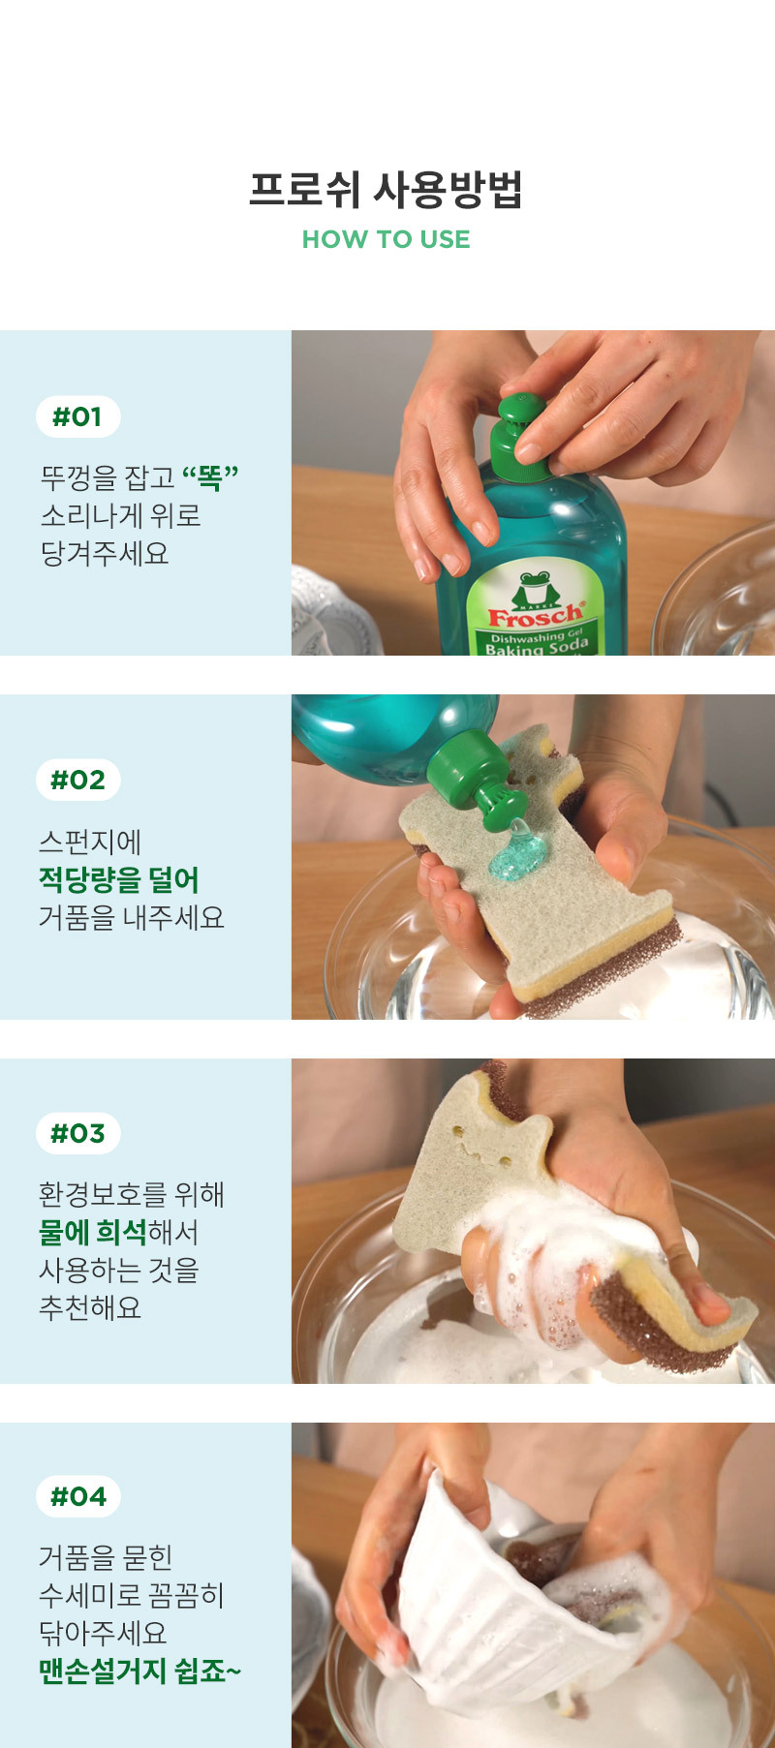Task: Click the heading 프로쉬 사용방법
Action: point(387,190)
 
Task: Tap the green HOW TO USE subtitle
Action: point(387,239)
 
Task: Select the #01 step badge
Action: point(77,416)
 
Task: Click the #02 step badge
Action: point(77,780)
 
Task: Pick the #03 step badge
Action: point(77,1133)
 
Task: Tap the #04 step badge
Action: point(77,1496)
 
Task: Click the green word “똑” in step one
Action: point(210,476)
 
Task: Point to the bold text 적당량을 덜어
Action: point(119,879)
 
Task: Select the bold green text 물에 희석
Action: point(93,1232)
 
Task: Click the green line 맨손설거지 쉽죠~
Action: point(139,1671)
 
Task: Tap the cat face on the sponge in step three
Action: point(482,1143)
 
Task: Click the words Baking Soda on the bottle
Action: point(538,647)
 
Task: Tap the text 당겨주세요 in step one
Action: point(105,554)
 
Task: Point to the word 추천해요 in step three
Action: point(90,1307)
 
